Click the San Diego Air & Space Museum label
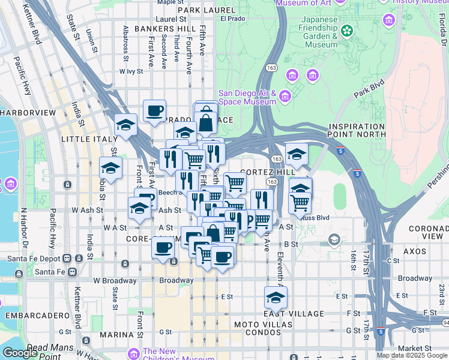(247, 97)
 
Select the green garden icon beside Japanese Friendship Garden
(346, 30)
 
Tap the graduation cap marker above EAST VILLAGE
(276, 297)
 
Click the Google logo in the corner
(20, 353)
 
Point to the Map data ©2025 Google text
(411, 355)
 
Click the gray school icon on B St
(334, 241)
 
